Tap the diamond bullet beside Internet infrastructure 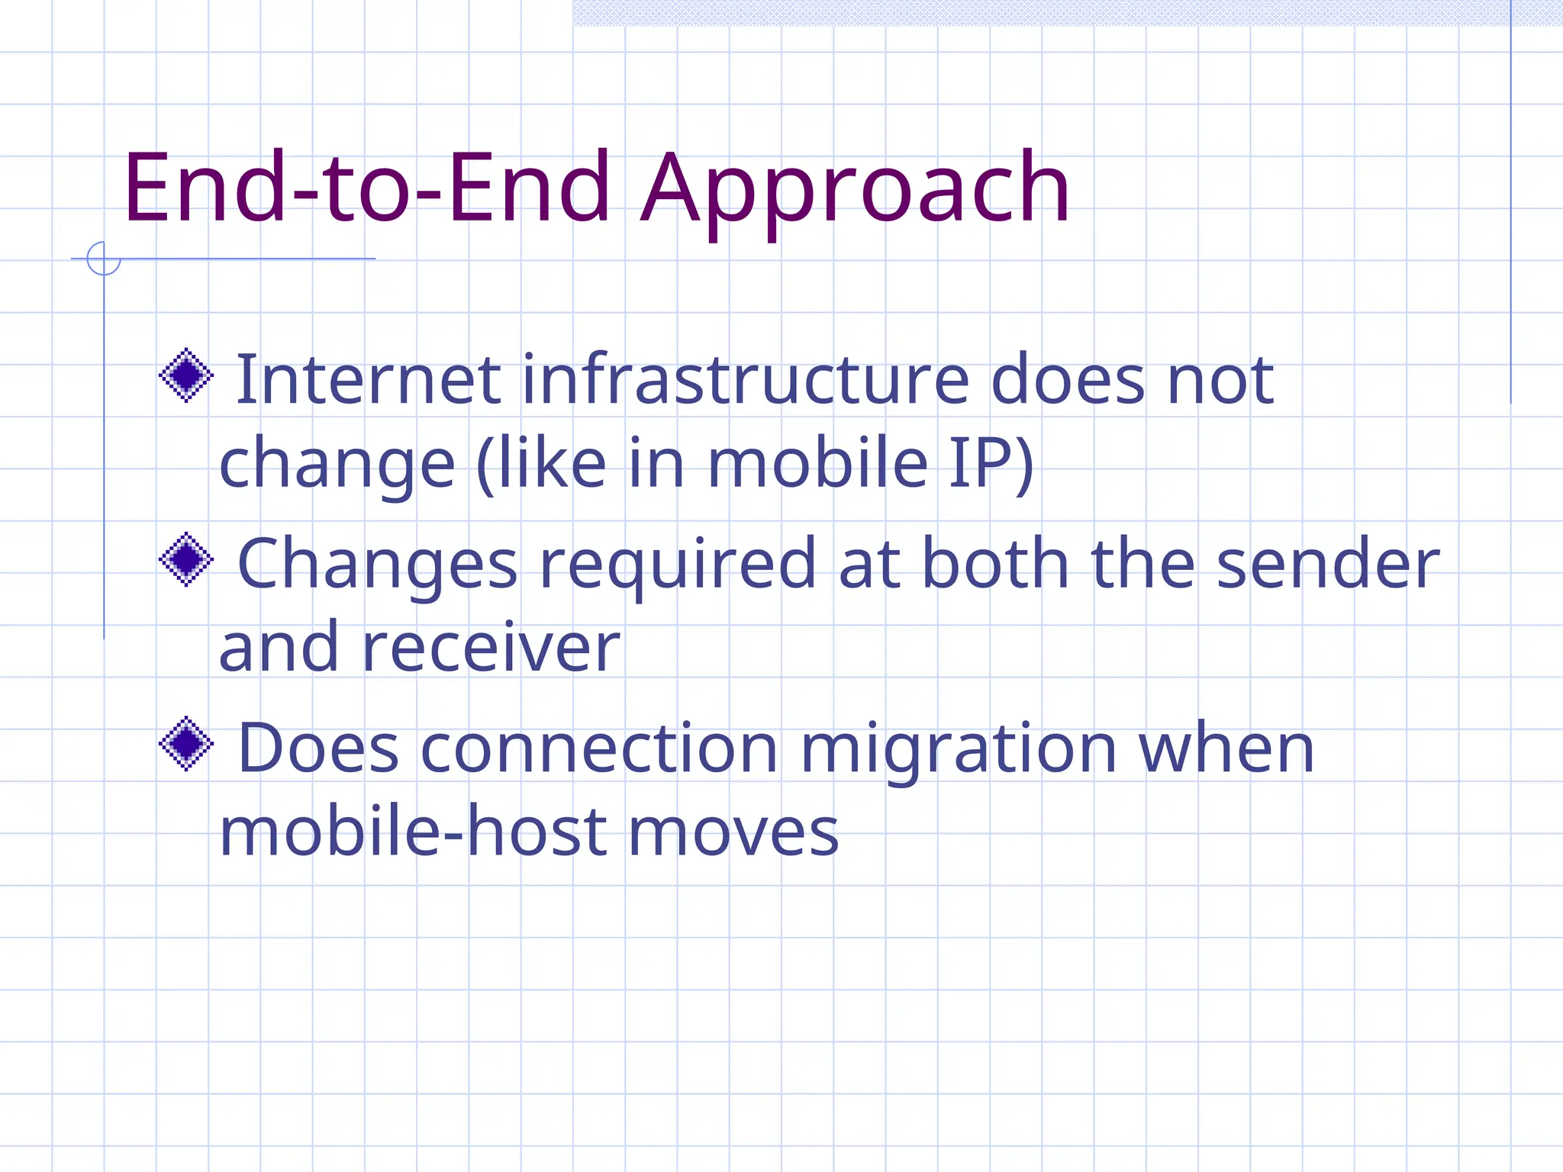[x=186, y=375]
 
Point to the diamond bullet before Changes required [x=186, y=559]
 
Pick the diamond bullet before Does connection [x=186, y=743]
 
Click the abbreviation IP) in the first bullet [x=991, y=463]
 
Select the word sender [x=1327, y=564]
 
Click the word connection [x=599, y=749]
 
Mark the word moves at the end [x=733, y=833]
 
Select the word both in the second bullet [x=995, y=564]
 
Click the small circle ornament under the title [x=104, y=259]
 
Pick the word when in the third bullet [x=1226, y=749]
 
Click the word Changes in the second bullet [x=378, y=565]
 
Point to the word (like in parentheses [x=542, y=463]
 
